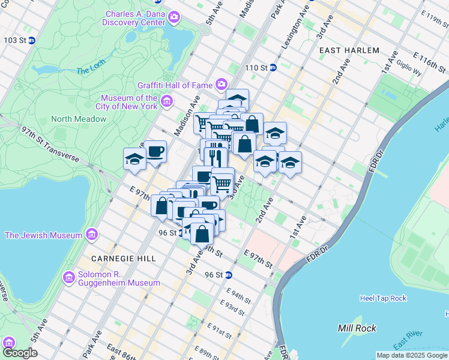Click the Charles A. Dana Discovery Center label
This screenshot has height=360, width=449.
(x=135, y=18)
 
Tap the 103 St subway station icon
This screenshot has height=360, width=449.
(x=32, y=41)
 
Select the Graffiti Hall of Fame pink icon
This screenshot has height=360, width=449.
(x=221, y=84)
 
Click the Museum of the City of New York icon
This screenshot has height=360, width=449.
(x=167, y=102)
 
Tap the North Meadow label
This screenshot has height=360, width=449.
(x=79, y=119)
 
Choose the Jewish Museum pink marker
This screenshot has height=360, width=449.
(x=92, y=235)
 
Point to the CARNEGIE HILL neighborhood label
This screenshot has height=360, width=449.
(x=123, y=259)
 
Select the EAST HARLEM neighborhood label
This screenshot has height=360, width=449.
(x=349, y=50)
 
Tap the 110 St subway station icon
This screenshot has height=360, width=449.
(x=273, y=67)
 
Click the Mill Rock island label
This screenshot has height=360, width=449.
(x=357, y=328)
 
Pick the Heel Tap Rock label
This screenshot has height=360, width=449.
(x=383, y=298)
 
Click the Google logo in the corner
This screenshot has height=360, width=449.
(x=20, y=353)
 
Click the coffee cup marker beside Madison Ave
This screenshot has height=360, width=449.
(x=155, y=152)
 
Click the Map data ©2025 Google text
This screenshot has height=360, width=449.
(x=412, y=355)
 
